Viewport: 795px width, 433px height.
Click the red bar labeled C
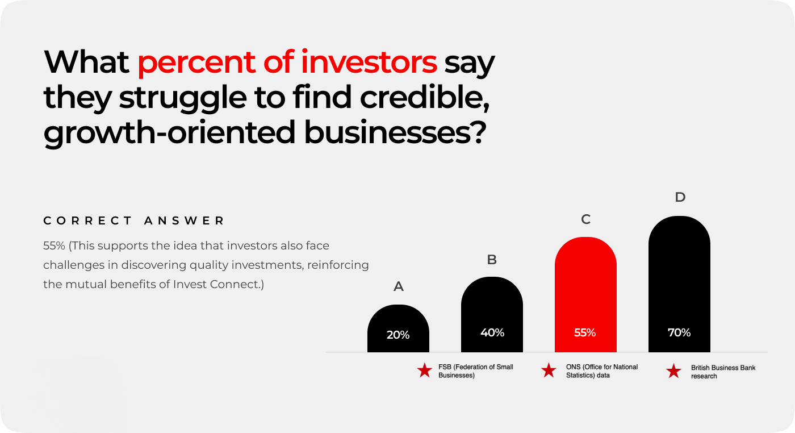[x=585, y=294]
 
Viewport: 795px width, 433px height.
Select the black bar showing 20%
[x=398, y=328]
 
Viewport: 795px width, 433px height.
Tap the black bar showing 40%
[x=492, y=314]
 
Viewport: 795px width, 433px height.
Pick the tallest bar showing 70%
[x=679, y=284]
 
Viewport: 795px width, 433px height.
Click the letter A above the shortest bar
[x=398, y=286]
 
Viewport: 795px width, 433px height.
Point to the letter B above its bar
[x=492, y=260]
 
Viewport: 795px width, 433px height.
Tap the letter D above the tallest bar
[x=680, y=197]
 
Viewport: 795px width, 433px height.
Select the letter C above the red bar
[x=585, y=219]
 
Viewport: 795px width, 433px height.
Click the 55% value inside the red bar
[x=585, y=332]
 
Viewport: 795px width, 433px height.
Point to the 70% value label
[x=679, y=332]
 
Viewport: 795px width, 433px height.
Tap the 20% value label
[x=398, y=335]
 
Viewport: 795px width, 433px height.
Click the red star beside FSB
[x=425, y=370]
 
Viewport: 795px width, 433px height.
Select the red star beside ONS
[x=549, y=370]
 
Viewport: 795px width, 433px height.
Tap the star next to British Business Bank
[x=673, y=371]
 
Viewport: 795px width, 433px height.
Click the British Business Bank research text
[x=723, y=372]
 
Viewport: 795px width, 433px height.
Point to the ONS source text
[x=602, y=371]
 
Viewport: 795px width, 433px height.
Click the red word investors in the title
[x=369, y=62]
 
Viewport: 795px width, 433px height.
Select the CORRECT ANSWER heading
[x=134, y=220]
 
